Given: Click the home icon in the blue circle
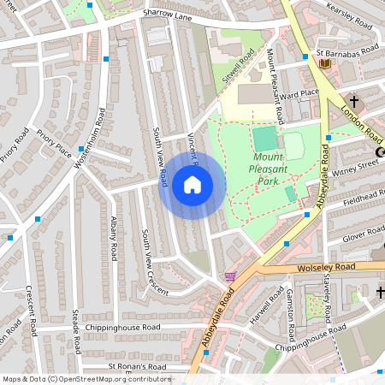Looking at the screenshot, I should (192, 185).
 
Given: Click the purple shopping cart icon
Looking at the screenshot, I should (229, 276).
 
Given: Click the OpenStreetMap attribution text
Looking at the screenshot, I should (86, 379).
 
